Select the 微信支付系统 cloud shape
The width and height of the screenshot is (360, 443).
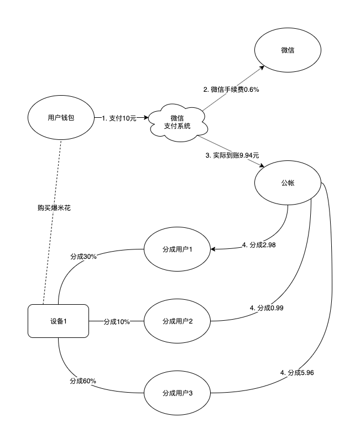pos(177,122)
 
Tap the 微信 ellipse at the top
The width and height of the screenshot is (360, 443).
pos(287,50)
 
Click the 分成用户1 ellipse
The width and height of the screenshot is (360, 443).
pos(177,249)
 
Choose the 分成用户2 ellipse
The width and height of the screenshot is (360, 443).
pos(177,321)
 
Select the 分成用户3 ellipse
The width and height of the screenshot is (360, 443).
pos(177,393)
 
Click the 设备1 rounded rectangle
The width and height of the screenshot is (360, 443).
pos(58,321)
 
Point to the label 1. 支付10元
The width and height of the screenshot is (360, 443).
pos(118,118)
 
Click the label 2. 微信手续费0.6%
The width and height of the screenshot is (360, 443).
pos(232,89)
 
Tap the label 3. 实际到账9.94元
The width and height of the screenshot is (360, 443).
pos(232,156)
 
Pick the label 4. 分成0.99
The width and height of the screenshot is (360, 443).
pos(268,308)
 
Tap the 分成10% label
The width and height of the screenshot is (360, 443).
pos(116,321)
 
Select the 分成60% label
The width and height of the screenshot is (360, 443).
pos(84,381)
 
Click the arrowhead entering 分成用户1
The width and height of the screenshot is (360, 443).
pos(213,249)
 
